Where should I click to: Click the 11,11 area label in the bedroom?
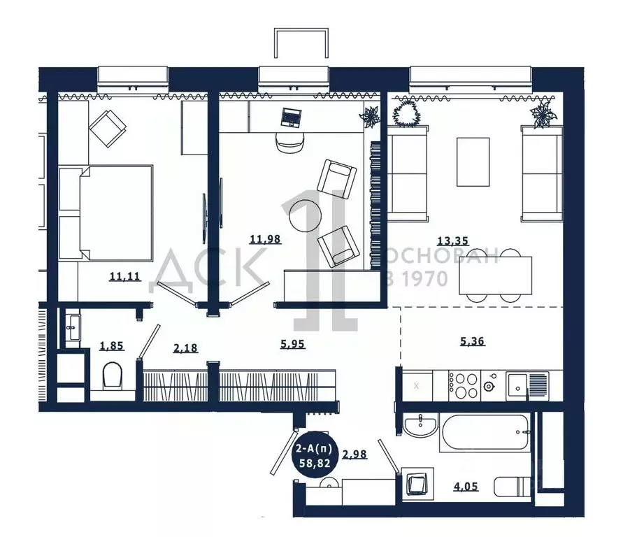(x=124, y=276)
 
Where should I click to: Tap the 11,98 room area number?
(x=266, y=239)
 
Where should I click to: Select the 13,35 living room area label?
(x=453, y=241)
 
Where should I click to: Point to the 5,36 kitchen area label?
(x=473, y=341)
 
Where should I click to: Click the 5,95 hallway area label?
(x=293, y=343)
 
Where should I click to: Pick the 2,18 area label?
(x=185, y=348)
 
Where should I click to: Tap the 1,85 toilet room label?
(x=112, y=345)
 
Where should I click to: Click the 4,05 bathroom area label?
(x=466, y=486)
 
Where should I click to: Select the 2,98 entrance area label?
(x=355, y=454)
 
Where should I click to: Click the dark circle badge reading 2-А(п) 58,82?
(x=313, y=456)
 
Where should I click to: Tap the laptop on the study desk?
(x=291, y=117)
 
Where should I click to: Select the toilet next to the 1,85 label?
(x=113, y=376)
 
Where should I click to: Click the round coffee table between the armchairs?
(x=305, y=215)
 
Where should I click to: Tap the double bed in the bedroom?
(x=106, y=213)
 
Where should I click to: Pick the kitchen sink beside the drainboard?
(x=517, y=386)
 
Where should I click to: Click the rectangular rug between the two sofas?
(x=473, y=162)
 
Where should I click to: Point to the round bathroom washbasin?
(x=421, y=425)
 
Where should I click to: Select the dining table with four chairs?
(x=495, y=275)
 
